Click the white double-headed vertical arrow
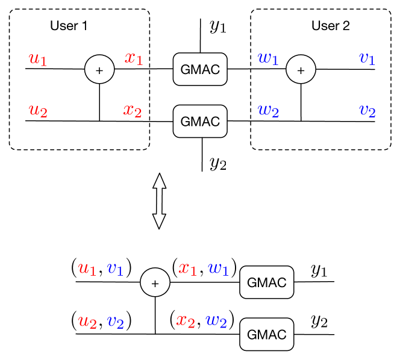click(x=159, y=201)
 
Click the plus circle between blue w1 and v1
click(x=301, y=69)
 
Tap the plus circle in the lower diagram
click(x=155, y=282)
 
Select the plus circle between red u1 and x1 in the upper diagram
click(x=99, y=69)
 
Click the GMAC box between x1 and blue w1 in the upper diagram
click(x=200, y=69)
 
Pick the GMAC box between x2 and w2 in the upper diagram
click(x=200, y=121)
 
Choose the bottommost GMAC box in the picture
click(x=266, y=334)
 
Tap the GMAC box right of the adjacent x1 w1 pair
click(x=266, y=282)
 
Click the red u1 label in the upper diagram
click(x=38, y=59)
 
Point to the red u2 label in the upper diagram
click(x=38, y=111)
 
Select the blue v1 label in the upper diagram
click(x=367, y=58)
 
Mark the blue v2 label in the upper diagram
click(x=367, y=111)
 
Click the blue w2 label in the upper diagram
click(x=268, y=111)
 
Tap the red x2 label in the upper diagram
click(x=133, y=111)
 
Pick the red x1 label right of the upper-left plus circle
click(x=134, y=58)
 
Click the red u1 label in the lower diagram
click(x=87, y=268)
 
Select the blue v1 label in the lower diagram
click(x=115, y=268)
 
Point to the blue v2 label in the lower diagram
click(x=116, y=321)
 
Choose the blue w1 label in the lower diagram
click(x=218, y=268)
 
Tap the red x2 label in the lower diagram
click(x=186, y=321)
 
